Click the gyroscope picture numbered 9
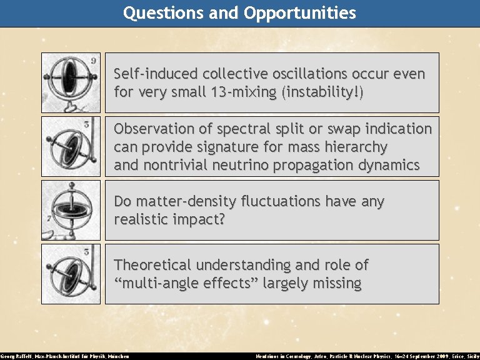coord(70,82)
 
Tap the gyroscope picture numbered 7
coord(70,210)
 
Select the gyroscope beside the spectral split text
coord(70,146)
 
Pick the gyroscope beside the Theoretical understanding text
coord(70,274)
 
